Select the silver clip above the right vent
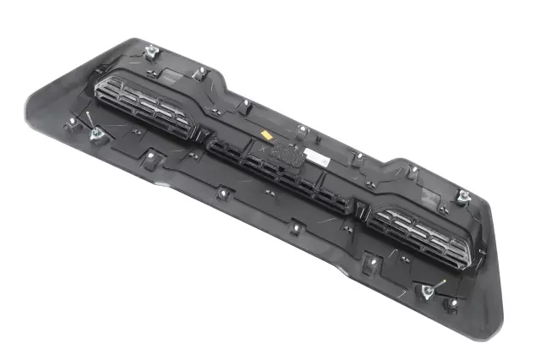pyautogui.click(x=464, y=198)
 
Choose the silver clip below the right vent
pyautogui.click(x=427, y=292)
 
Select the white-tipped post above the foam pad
pyautogui.click(x=303, y=129)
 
